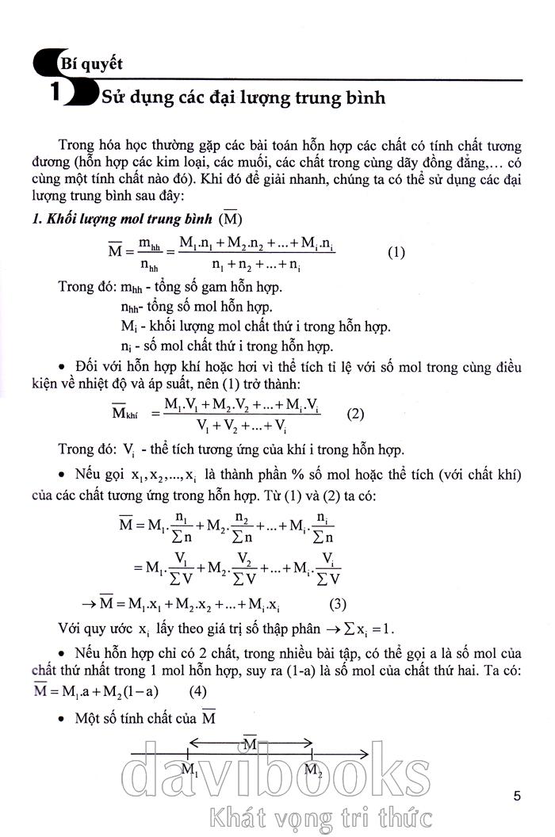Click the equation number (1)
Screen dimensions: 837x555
[396, 253]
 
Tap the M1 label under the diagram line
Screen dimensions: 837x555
[189, 770]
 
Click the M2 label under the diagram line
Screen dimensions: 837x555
[313, 770]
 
